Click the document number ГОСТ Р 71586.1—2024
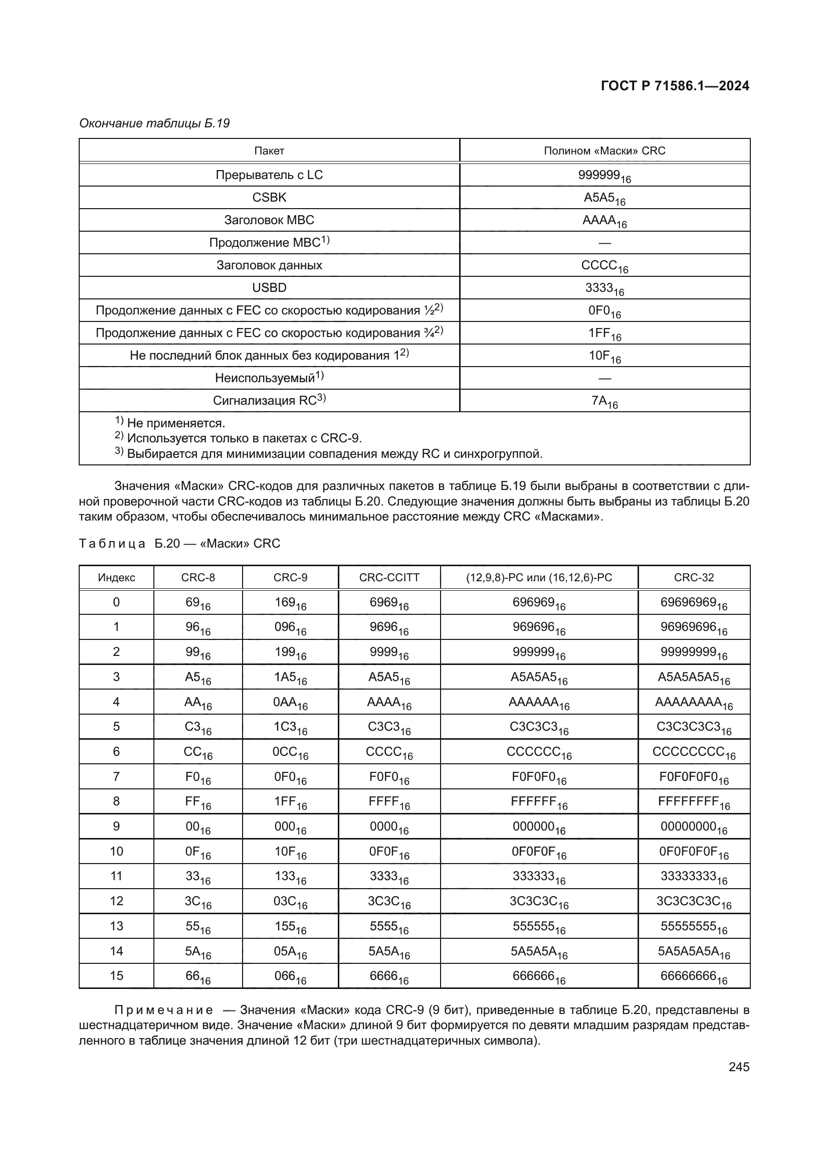tap(674, 86)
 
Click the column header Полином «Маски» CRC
tap(604, 151)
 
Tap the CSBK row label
tap(269, 198)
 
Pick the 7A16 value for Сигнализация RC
tap(604, 402)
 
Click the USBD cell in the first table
tap(269, 288)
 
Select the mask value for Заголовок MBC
tap(604, 221)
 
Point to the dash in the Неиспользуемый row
tap(604, 379)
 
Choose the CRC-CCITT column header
tap(389, 577)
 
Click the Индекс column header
tap(116, 577)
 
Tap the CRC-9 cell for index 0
tap(290, 603)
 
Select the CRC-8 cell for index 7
tap(197, 778)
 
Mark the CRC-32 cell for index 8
tap(693, 802)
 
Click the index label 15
tap(116, 976)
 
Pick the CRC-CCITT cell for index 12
tap(389, 902)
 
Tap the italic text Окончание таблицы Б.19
tap(154, 123)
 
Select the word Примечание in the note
tap(164, 1010)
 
